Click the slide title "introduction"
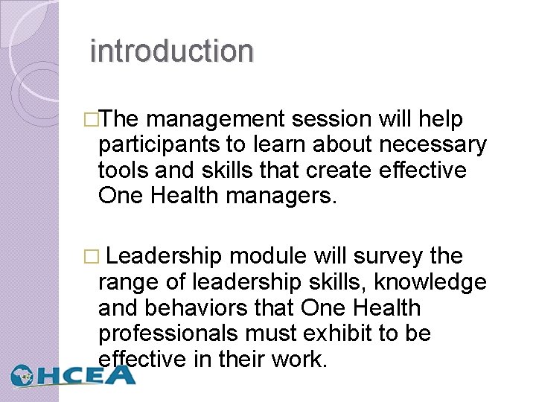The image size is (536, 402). [x=171, y=51]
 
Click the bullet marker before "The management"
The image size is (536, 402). [x=92, y=120]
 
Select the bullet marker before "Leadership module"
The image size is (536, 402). [x=92, y=258]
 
